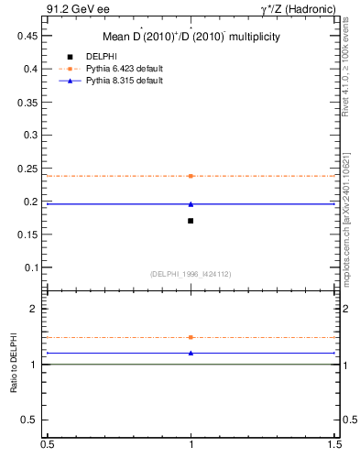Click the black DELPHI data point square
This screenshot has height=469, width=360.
191,221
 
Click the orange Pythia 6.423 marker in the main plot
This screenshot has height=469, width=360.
191,176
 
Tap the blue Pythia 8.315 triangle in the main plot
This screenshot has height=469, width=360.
191,204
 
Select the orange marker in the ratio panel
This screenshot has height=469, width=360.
191,337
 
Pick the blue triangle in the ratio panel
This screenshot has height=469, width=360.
191,353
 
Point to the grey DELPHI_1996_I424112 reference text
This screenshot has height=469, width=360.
191,274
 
